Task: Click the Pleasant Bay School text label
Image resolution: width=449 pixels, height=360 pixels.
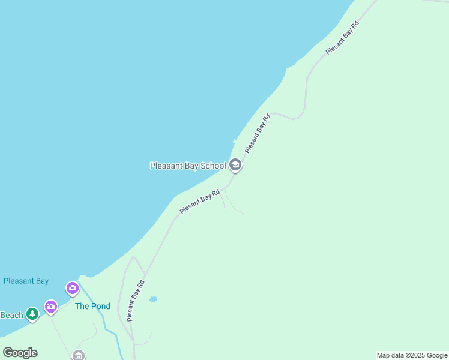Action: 187,166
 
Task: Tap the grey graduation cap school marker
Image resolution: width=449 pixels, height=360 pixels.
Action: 235,165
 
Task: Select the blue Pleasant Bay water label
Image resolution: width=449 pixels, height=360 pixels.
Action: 26,281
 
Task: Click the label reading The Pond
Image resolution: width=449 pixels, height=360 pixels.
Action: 92,306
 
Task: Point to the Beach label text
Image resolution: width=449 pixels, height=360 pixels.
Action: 11,315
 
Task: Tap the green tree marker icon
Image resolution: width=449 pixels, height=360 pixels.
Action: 32,313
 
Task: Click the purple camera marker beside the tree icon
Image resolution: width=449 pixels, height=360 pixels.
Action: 51,307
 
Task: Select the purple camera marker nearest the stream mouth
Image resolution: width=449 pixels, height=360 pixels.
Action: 73,289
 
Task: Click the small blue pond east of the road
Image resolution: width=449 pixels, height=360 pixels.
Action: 153,299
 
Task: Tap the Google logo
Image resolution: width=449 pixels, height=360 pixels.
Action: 20,353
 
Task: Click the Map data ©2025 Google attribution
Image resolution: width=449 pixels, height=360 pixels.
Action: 412,355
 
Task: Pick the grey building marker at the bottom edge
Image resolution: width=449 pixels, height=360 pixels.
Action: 79,355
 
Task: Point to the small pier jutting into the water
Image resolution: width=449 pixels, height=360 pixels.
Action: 235,142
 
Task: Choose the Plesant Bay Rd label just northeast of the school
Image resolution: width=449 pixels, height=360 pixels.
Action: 257,133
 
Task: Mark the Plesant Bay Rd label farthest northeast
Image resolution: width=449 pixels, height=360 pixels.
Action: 342,38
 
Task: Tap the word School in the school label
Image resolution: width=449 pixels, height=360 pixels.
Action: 212,166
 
